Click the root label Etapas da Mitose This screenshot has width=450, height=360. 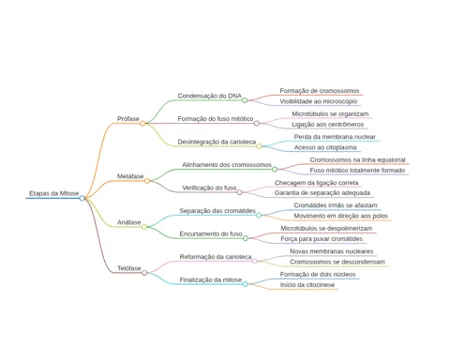coord(54,193)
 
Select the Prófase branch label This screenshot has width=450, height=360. coord(128,119)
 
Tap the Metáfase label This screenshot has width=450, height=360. coord(130,176)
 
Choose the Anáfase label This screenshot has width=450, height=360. coord(129,222)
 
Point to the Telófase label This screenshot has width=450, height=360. coord(129,268)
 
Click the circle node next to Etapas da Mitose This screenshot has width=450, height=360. coord(82,198)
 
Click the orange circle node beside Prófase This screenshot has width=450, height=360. coord(142,124)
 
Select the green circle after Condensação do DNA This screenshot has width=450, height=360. coord(245,100)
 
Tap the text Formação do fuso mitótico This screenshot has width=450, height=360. coord(216,119)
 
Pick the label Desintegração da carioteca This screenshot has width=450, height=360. coord(217,142)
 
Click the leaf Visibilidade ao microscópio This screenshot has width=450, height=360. coord(318,101)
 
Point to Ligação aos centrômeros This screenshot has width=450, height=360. coord(328,125)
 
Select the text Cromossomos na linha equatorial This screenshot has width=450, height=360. coord(357,159)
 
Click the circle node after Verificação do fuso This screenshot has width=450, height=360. coord(239,192)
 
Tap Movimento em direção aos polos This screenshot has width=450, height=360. coord(340,216)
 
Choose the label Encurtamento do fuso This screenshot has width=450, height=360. coord(211,233)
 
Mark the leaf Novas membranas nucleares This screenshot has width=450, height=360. coord(331,251)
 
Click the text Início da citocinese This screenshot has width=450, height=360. coord(307,285)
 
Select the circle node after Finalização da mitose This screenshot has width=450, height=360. coord(245,284)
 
